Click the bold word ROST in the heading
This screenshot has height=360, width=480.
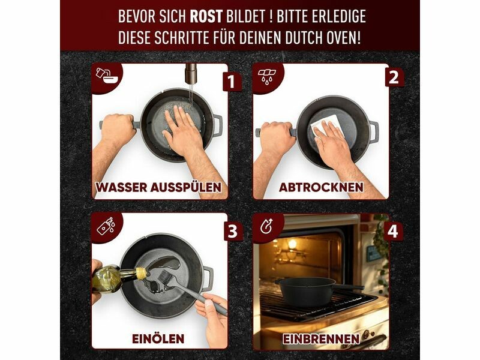pos(206,16)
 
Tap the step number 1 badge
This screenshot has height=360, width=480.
pos(232,82)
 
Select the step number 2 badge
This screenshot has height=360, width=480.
pos(394,77)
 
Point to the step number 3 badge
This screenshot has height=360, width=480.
pos(233,231)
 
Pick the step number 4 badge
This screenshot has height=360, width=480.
pos(393,231)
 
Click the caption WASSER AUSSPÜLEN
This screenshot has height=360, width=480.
pos(158,187)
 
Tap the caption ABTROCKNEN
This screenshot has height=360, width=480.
pos(321,187)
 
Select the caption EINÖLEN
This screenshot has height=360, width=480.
pos(158,339)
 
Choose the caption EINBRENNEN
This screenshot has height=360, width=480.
pos(321,339)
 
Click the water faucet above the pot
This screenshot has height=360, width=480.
pos(190,73)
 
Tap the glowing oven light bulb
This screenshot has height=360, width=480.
pos(292,244)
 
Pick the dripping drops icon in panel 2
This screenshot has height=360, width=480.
pos(267,76)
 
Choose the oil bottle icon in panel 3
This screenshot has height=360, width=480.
pos(106,226)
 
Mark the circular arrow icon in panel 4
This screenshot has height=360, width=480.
pos(266,227)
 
